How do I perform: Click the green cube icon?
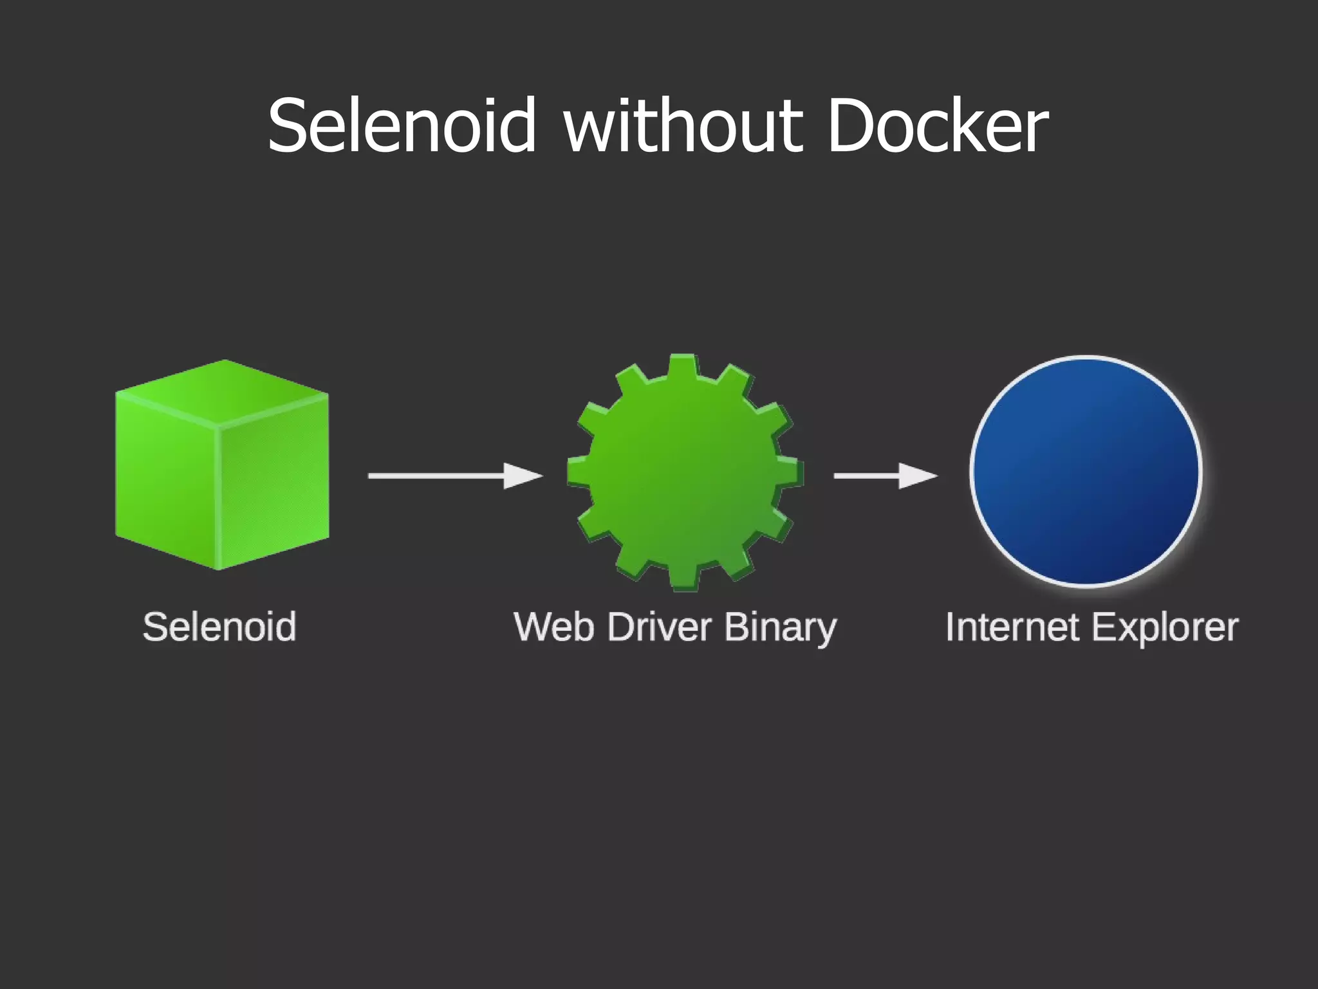[x=222, y=465]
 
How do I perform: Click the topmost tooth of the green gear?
[x=683, y=367]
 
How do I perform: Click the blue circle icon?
[x=1086, y=471]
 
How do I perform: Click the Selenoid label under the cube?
[x=219, y=627]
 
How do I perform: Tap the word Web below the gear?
[x=553, y=627]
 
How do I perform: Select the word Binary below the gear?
[x=780, y=628]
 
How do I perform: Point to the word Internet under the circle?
[x=1012, y=627]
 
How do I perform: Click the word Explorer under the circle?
[x=1164, y=628]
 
